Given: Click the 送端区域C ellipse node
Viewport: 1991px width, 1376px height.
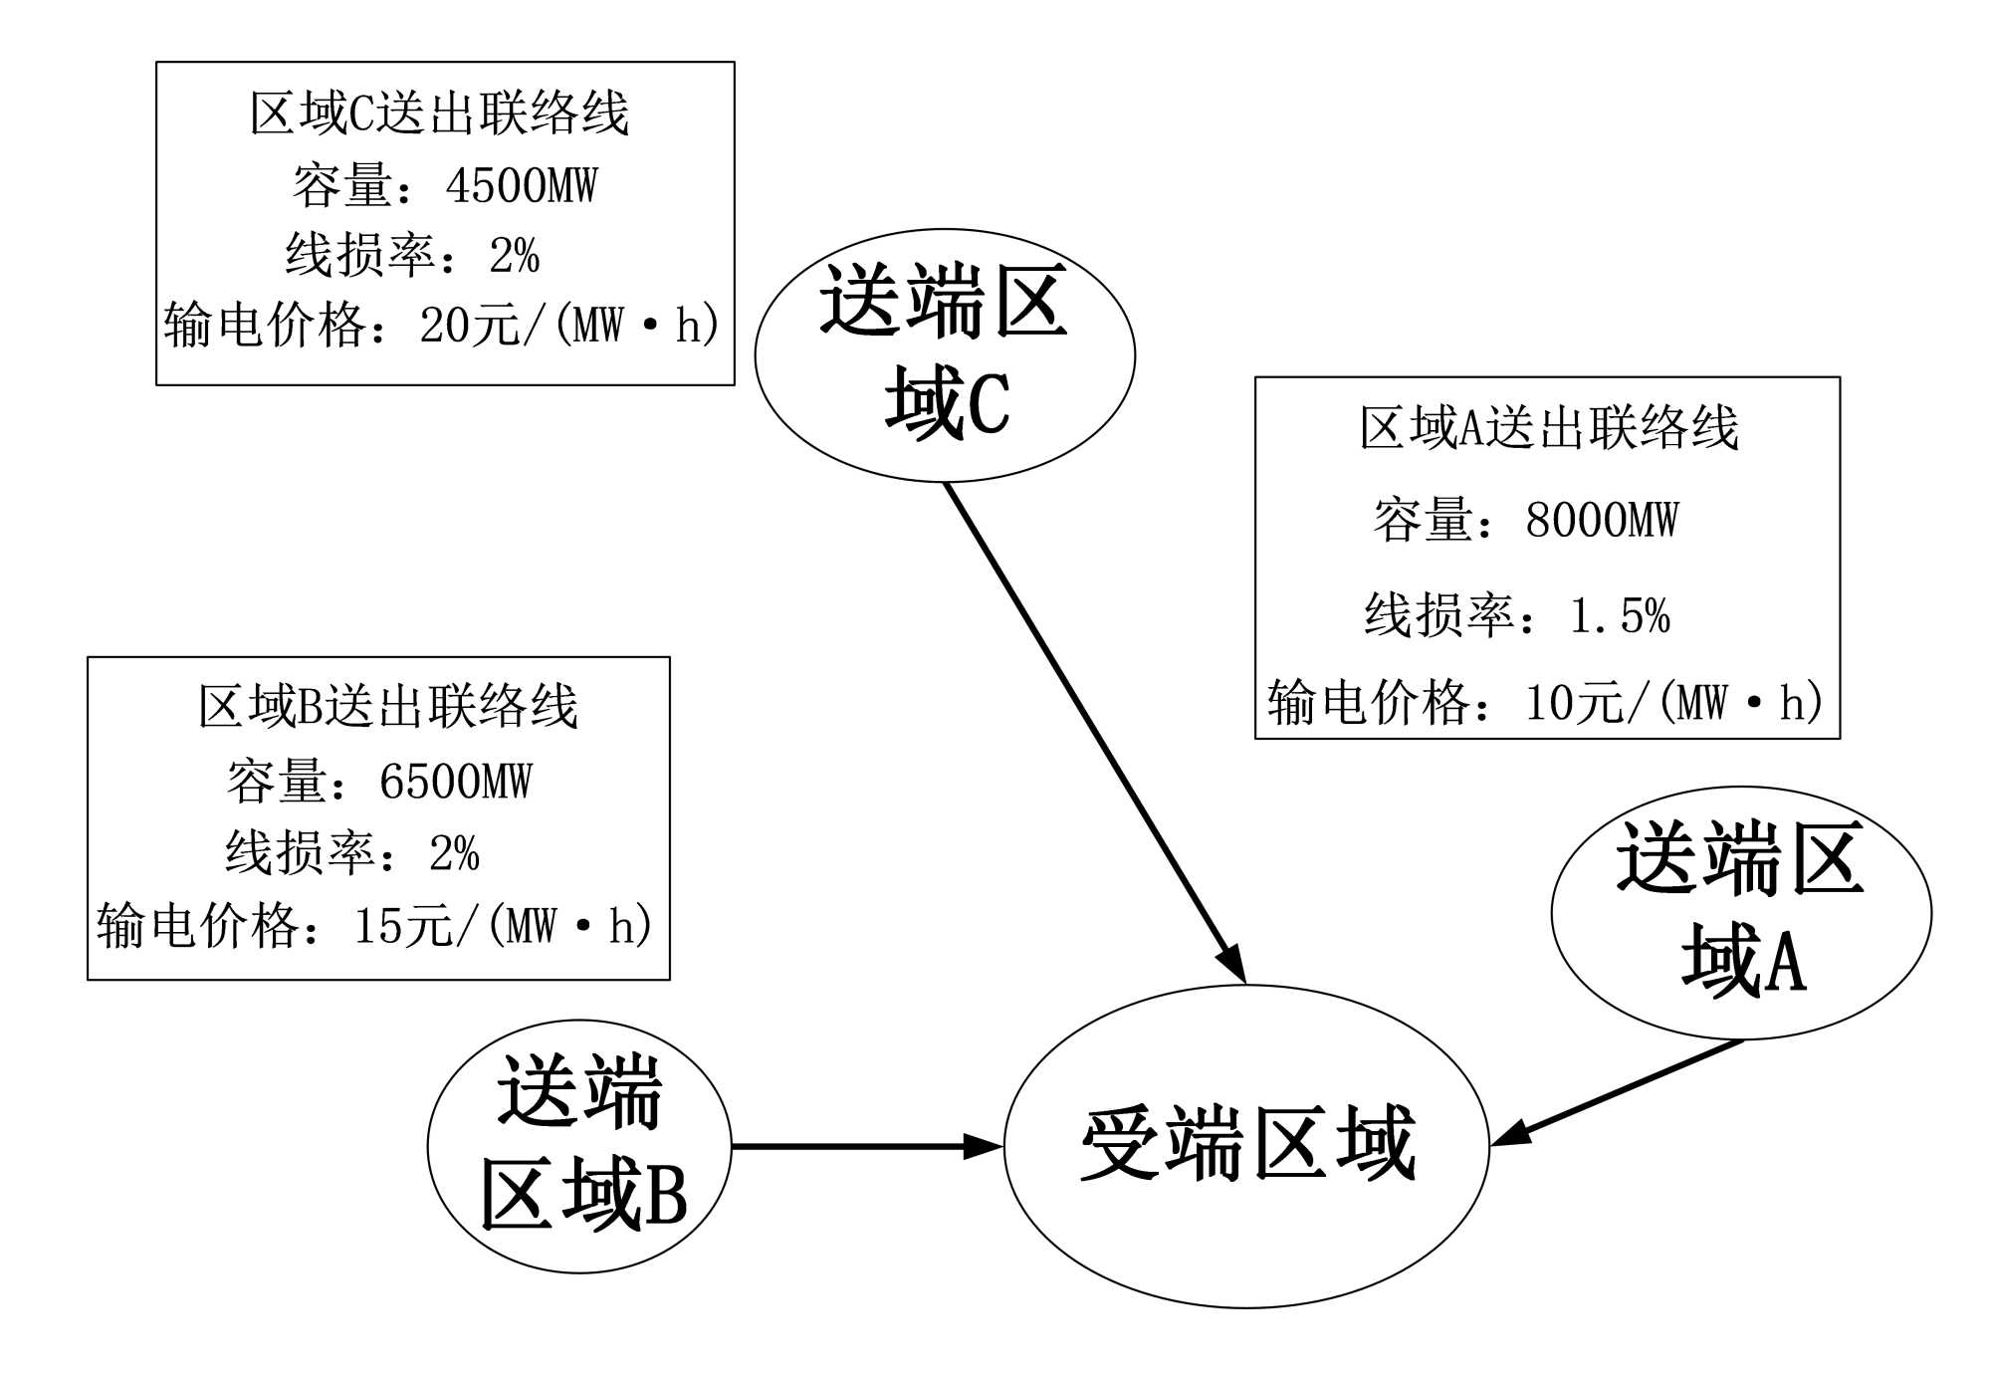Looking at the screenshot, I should pos(944,354).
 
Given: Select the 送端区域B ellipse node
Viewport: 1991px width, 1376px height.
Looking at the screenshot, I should pos(579,1145).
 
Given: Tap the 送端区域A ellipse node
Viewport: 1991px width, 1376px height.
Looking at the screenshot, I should pos(1741,912).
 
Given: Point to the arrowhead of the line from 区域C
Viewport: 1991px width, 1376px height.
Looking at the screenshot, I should pos(1234,965).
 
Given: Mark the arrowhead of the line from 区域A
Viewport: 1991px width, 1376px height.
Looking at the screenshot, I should pos(1509,1135).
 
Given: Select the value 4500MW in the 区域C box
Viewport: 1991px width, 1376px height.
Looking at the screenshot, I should pos(521,186).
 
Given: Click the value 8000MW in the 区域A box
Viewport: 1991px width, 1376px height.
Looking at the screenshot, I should pos(1602,521).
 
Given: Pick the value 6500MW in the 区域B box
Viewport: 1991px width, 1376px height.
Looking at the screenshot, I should pos(455,782).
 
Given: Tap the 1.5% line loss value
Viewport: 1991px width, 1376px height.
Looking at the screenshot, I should pos(1620,616).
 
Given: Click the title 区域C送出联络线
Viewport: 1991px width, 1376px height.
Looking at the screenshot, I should pos(439,113).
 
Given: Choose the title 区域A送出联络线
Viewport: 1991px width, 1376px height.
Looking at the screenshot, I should pos(1549,428).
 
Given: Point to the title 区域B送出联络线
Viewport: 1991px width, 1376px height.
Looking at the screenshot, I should pos(387,707).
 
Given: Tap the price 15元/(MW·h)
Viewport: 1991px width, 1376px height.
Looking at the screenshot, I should pos(504,926).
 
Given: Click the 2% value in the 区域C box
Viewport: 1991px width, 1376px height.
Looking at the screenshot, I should pos(514,256).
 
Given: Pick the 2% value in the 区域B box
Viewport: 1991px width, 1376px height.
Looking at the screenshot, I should pos(454,853).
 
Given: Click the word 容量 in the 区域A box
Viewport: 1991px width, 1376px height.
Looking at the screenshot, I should pos(1424,521).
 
